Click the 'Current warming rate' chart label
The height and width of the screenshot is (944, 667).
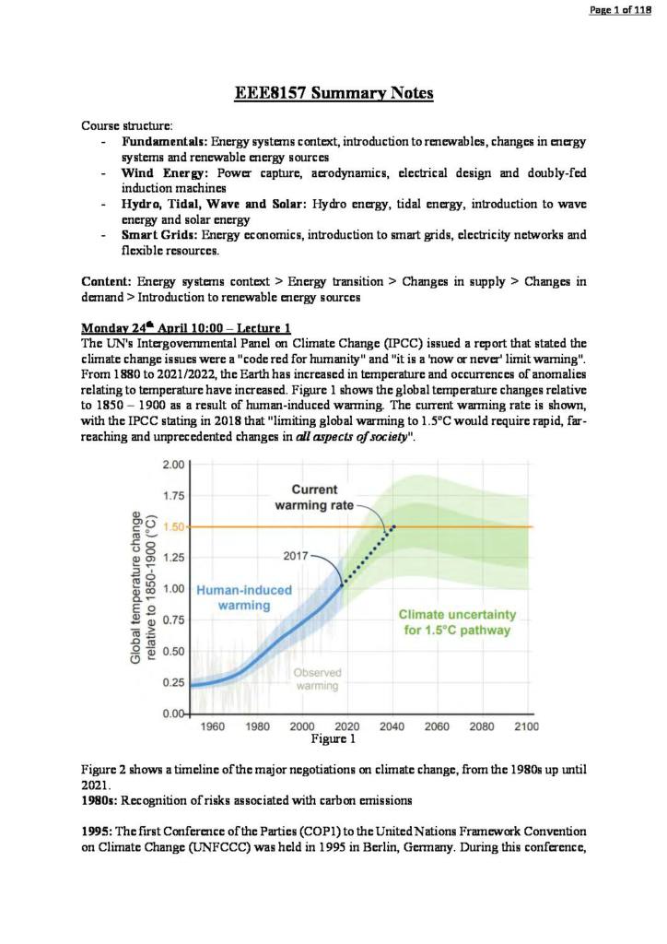tap(314, 497)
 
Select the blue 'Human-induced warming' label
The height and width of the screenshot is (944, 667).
tap(243, 597)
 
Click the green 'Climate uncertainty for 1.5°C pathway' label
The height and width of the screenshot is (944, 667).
tap(457, 622)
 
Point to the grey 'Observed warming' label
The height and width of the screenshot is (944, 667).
tap(316, 678)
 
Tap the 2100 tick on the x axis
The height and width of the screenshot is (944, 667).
tap(526, 726)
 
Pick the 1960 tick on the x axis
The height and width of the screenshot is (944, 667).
tap(213, 726)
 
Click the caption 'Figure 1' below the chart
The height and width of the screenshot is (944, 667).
tap(333, 738)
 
